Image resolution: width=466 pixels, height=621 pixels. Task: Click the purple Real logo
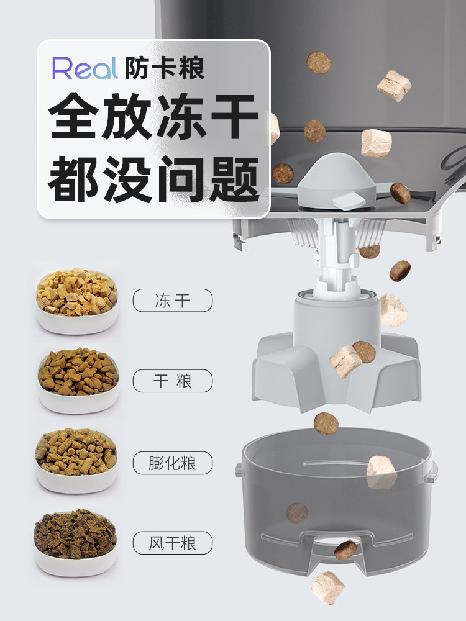click(x=85, y=68)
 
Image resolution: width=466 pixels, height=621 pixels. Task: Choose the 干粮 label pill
click(x=172, y=381)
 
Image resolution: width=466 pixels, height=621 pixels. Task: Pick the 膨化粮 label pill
click(x=172, y=463)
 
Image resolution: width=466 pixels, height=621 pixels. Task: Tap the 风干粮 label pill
click(x=172, y=544)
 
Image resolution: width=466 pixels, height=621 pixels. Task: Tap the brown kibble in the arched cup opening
click(x=345, y=550)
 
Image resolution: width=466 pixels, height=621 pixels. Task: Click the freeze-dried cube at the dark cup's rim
click(x=381, y=472)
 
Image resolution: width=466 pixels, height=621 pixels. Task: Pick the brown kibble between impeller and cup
click(x=326, y=424)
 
